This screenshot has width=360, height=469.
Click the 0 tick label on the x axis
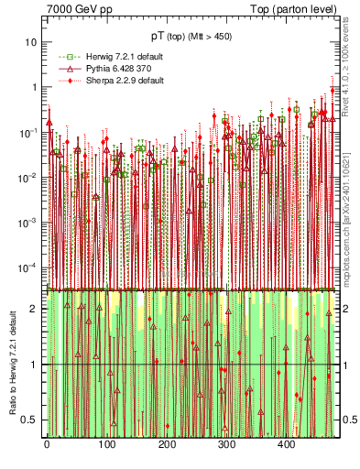[x=47, y=444]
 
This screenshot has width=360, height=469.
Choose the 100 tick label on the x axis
[x=106, y=444]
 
